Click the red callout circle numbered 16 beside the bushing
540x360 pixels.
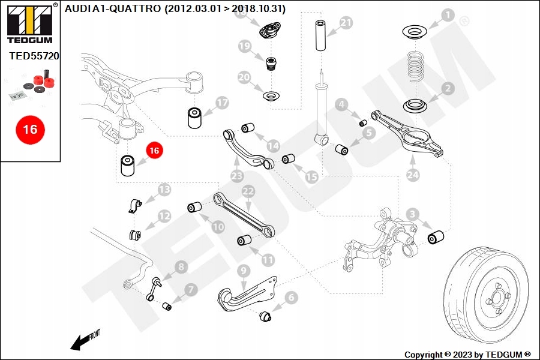coord(154,151)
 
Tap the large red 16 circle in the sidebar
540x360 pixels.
coord(30,129)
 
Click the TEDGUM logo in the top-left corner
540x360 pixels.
coord(29,23)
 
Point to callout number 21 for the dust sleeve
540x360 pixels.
coord(346,23)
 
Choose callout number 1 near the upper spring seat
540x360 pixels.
coord(448,14)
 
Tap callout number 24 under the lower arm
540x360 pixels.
coord(412,175)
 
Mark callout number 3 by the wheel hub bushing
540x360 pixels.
coord(412,214)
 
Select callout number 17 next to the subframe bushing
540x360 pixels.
coord(222,103)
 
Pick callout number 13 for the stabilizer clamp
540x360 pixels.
coord(164,190)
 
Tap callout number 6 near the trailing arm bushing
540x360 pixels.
coord(292,296)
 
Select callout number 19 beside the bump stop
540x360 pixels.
coord(244,46)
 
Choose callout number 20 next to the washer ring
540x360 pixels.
coord(244,77)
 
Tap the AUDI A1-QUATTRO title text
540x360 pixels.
coord(175,8)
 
